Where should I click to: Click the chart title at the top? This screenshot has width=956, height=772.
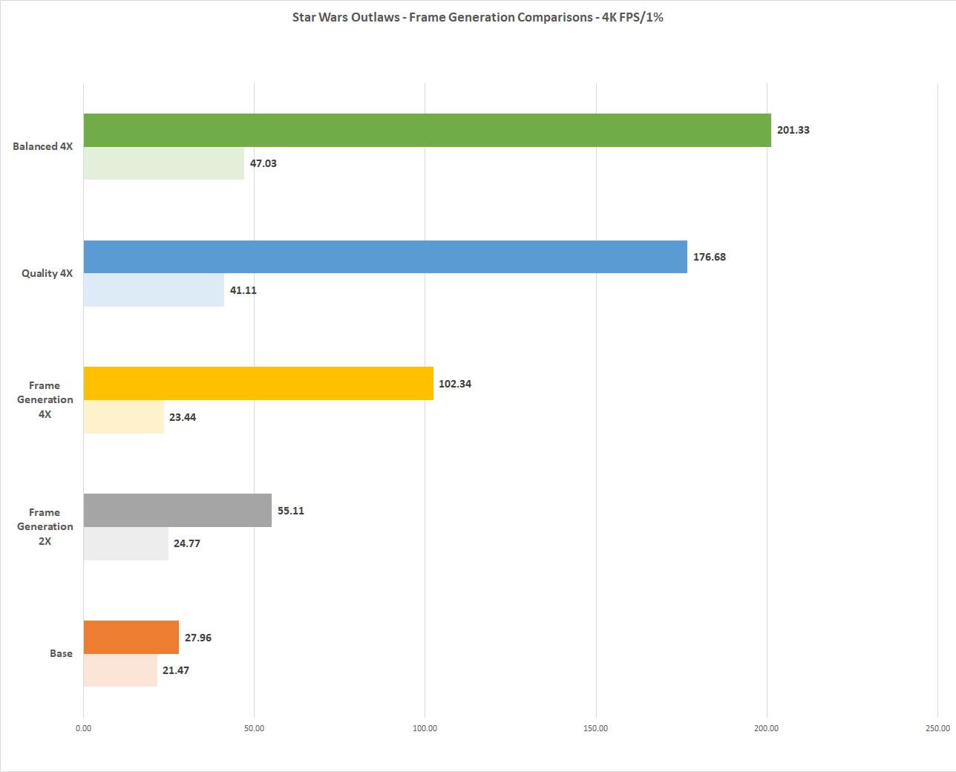tap(477, 17)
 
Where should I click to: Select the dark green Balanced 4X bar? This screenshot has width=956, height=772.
tap(427, 130)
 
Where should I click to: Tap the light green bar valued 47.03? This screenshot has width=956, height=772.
tap(163, 163)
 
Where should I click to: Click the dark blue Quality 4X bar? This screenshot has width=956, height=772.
tap(385, 257)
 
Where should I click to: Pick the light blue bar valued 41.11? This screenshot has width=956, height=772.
tap(154, 290)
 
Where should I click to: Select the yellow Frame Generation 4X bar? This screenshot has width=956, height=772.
tap(258, 384)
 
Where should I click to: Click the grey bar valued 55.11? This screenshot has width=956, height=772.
tap(177, 511)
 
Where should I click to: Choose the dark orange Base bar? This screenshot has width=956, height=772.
tap(131, 637)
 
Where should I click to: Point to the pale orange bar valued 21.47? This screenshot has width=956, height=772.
tap(120, 670)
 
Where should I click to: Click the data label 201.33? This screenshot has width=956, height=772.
tap(793, 130)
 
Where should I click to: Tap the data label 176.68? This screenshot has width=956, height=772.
tap(710, 257)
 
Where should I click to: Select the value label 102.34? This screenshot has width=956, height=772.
tap(455, 384)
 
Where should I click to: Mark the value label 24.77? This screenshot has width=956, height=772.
tap(187, 543)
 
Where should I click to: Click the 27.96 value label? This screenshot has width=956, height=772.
tap(198, 638)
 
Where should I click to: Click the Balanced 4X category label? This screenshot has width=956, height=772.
tap(42, 146)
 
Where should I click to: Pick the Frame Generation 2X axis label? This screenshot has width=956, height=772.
tap(45, 526)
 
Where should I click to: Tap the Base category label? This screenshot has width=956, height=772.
tap(61, 653)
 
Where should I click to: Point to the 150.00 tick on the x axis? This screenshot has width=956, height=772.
tap(596, 728)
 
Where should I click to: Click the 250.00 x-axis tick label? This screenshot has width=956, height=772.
tap(937, 728)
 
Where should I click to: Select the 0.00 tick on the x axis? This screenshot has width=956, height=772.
tap(83, 728)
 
